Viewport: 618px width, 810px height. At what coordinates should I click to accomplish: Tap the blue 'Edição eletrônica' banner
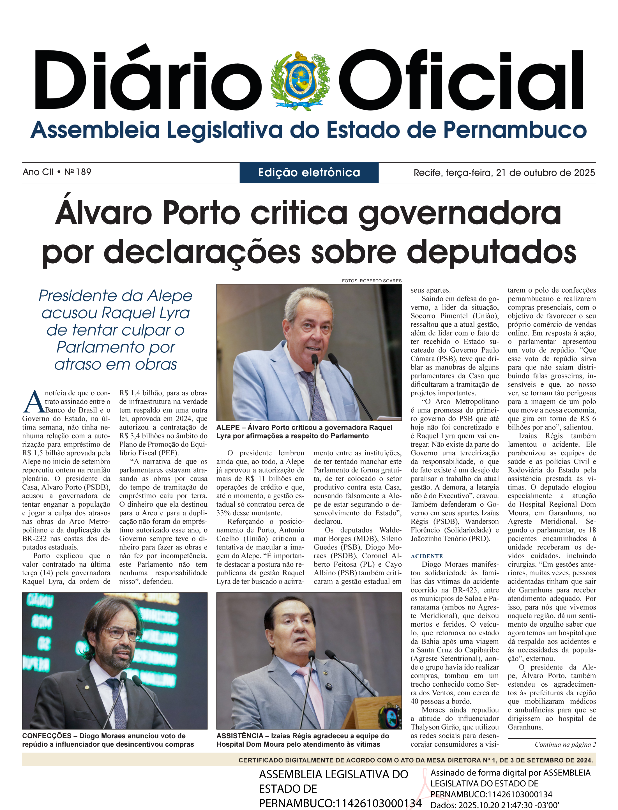coord(309,172)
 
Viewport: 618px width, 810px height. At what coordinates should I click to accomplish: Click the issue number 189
coord(84,172)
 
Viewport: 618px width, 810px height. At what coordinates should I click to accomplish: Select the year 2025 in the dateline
coord(583,172)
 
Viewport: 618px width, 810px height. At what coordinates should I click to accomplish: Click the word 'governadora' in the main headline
coord(460,213)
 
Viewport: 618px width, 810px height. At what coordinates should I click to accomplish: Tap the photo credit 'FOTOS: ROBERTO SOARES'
coord(372,281)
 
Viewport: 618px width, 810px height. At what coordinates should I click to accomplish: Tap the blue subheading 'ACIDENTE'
coord(427,556)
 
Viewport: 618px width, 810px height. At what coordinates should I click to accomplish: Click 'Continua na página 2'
coord(565,744)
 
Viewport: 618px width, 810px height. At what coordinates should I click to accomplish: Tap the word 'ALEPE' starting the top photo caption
coord(228,428)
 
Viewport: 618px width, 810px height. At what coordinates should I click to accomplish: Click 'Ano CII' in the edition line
coord(38,172)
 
